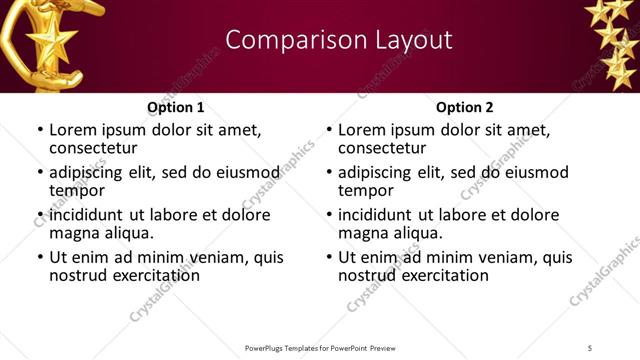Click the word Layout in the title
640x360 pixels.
coord(410,40)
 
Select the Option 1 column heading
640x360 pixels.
coord(175,107)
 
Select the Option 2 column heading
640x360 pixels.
coord(464,107)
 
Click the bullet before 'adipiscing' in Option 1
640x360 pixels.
coord(39,173)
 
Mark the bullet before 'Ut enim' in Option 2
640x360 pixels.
coord(328,258)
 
